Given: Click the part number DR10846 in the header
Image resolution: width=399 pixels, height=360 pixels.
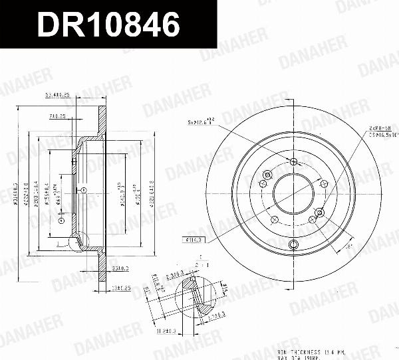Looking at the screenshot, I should click(x=108, y=25).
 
